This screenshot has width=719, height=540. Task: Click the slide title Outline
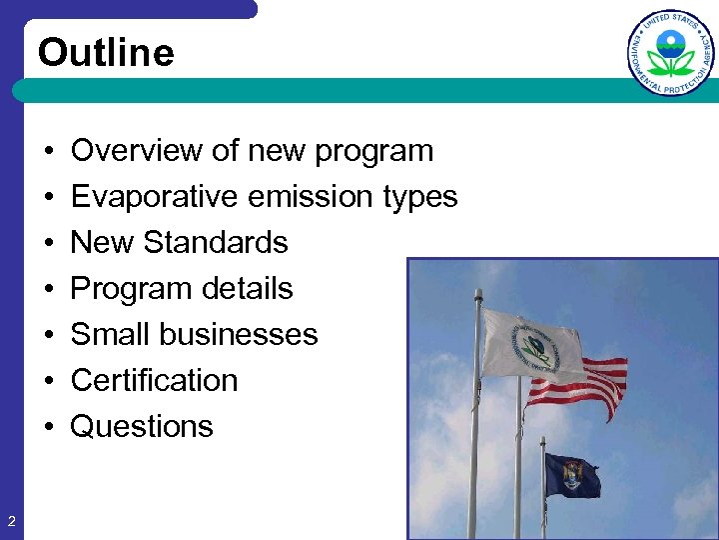click(x=106, y=53)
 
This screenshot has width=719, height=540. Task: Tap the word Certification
click(x=155, y=381)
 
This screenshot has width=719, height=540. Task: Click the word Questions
click(x=142, y=427)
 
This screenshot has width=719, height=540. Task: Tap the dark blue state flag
click(x=571, y=475)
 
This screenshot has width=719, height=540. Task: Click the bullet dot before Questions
click(x=48, y=427)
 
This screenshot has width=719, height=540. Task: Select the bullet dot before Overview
click(x=48, y=151)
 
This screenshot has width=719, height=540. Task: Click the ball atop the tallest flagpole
click(x=479, y=294)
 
